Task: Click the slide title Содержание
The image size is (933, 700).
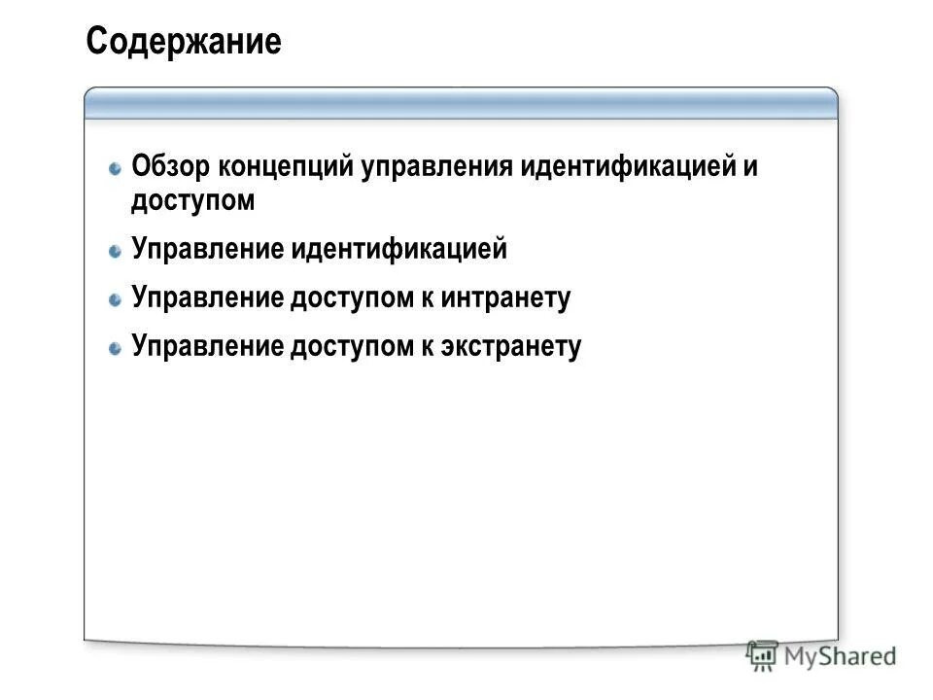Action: [x=183, y=42]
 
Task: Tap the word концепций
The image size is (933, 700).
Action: [x=288, y=166]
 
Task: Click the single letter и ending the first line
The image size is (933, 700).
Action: [x=750, y=166]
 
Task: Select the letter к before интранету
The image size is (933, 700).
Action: [x=427, y=297]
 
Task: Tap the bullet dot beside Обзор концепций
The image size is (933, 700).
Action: [x=115, y=167]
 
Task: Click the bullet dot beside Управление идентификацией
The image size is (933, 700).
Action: [x=115, y=251]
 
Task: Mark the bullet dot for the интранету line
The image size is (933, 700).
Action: [x=115, y=298]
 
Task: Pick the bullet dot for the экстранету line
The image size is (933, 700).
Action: [x=115, y=347]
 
